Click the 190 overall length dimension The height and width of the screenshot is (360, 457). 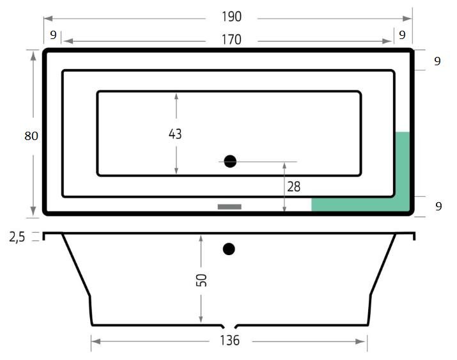[x=232, y=17]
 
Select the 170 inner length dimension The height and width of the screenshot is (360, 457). [x=232, y=40]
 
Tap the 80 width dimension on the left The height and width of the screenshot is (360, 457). [x=31, y=136]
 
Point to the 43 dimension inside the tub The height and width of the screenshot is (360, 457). [x=175, y=134]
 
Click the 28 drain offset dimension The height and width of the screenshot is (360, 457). [x=294, y=187]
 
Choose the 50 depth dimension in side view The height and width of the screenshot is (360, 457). [x=201, y=280]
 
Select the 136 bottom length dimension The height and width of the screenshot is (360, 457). [x=230, y=340]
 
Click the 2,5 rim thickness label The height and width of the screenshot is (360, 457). [x=17, y=237]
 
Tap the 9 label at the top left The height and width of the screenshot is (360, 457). [x=53, y=35]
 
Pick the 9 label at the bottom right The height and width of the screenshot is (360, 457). [x=438, y=207]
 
